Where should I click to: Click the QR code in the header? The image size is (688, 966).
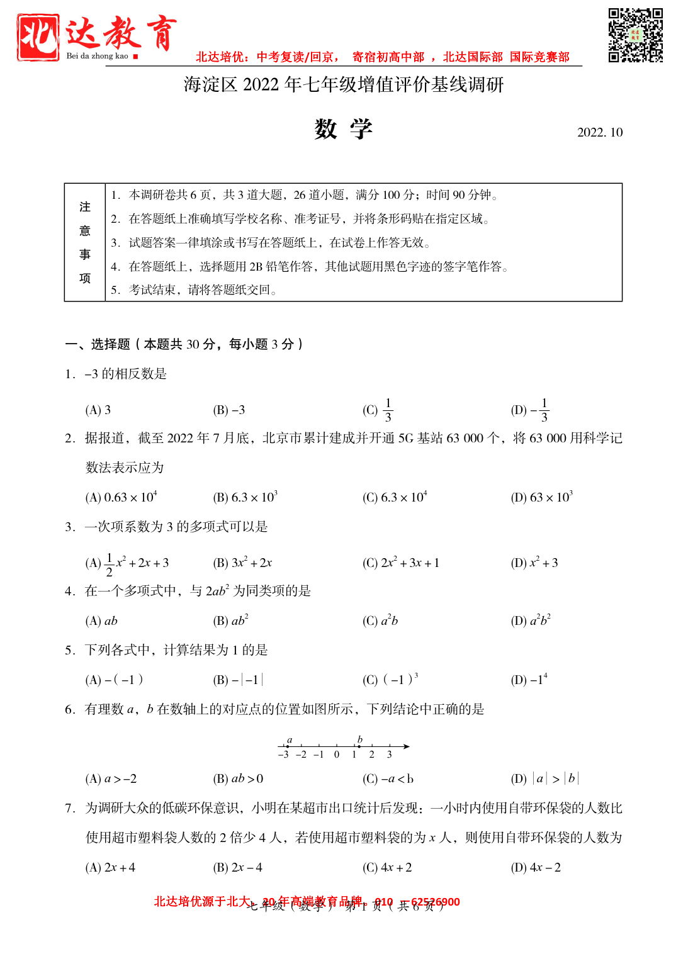635,35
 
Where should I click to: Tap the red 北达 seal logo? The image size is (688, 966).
38,38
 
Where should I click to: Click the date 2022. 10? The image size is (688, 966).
599,132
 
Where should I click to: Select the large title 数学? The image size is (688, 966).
343,129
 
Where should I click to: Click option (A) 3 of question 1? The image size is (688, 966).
98,410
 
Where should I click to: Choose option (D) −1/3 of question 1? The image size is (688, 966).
530,410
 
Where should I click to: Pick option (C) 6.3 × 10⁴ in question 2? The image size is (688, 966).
395,497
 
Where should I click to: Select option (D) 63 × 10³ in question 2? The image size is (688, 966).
541,497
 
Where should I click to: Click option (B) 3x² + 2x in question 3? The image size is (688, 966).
242,563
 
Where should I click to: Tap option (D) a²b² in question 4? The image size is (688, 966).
531,621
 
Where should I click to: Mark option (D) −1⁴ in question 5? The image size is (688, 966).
529,680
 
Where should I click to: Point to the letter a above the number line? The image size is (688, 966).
290,739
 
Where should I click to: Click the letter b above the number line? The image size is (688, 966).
360,739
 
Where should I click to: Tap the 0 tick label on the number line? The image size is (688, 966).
337,755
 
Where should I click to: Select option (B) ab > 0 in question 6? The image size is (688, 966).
238,779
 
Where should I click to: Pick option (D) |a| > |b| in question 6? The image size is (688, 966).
544,779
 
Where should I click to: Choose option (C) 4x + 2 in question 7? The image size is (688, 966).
387,868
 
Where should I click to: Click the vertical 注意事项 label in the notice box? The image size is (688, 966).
85,242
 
